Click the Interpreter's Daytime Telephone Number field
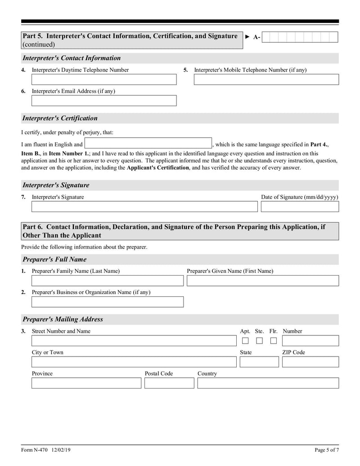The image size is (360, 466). tap(104, 80)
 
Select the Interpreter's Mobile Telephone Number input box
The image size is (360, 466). tap(266, 80)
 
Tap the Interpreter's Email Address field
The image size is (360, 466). tap(104, 101)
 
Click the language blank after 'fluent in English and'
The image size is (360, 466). tap(148, 144)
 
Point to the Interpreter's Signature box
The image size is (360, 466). tap(144, 207)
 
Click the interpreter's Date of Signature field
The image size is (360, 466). tap(300, 207)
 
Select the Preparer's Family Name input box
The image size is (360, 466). tap(108, 281)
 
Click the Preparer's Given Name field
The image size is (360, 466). tap(262, 281)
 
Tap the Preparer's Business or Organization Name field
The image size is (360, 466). tap(108, 302)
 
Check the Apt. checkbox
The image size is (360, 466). tap(245, 341)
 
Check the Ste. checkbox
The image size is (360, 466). tap(259, 341)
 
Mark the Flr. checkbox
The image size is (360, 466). tap(273, 341)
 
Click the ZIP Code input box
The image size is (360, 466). tap(310, 362)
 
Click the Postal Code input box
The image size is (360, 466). tap(169, 383)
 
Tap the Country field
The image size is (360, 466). tap(268, 383)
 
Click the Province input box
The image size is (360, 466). tap(86, 383)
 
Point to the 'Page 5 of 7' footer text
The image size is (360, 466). tap(326, 450)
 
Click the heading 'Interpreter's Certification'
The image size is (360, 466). tap(60, 118)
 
